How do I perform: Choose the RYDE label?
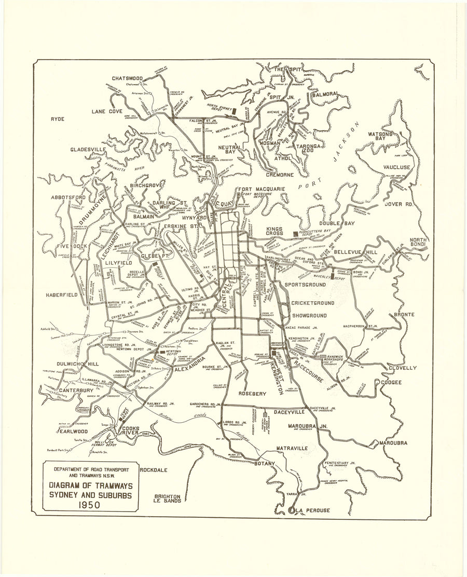[57, 119]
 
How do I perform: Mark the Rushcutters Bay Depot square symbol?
[296, 234]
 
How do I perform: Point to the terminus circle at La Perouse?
[291, 511]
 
